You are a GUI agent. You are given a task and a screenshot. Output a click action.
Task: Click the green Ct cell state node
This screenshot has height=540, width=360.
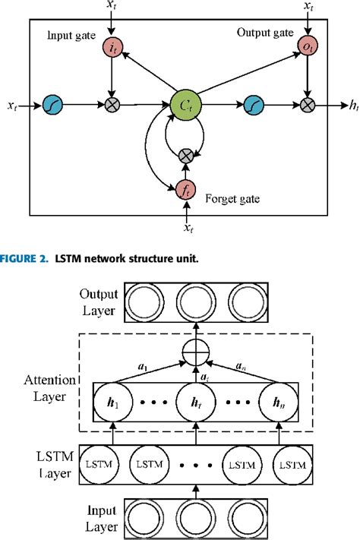[x=186, y=105]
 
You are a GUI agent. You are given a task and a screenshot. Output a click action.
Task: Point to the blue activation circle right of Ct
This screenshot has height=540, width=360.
[x=252, y=106]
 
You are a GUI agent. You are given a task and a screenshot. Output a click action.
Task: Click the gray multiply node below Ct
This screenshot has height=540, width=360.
[x=185, y=156]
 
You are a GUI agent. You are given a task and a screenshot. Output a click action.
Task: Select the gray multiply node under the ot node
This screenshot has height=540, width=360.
[x=307, y=106]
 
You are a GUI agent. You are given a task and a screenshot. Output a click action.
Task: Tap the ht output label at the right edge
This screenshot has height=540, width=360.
[x=353, y=107]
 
